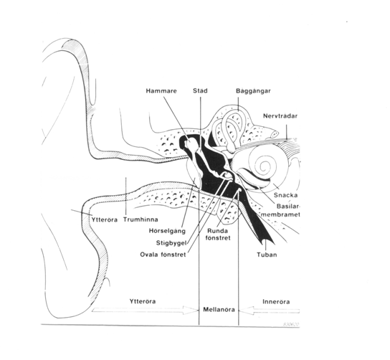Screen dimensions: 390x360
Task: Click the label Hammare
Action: (x=161, y=91)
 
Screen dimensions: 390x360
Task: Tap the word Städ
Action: (x=200, y=90)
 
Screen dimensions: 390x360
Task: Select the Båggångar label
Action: (x=253, y=91)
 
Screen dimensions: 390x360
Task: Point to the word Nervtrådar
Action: (x=280, y=116)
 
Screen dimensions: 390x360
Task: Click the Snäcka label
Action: (x=286, y=195)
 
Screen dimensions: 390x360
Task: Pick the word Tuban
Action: (x=267, y=255)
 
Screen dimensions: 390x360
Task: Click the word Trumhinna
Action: (x=141, y=219)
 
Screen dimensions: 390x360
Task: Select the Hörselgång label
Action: (x=167, y=231)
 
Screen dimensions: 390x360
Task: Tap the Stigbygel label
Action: (x=171, y=243)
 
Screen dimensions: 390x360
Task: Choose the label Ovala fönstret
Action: (x=163, y=255)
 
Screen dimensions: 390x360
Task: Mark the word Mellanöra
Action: (x=219, y=310)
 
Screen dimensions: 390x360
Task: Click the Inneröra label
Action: (x=276, y=302)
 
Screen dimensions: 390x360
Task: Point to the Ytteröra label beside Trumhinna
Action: (x=104, y=219)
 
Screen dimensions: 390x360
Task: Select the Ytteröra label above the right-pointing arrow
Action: (x=143, y=301)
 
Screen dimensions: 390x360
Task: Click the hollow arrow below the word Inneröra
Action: (x=269, y=311)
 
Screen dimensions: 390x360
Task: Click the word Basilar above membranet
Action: (x=288, y=207)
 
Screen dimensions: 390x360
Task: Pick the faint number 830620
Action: (x=291, y=324)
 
